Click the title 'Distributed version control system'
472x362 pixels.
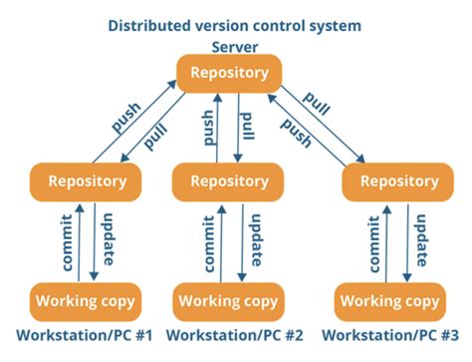pos(236,24)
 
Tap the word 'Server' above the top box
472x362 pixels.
pos(235,47)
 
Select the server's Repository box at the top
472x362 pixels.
pos(229,73)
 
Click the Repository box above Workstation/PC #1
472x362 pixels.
pos(88,181)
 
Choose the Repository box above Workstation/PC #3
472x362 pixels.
pos(391,181)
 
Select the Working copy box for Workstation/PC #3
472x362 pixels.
pos(388,300)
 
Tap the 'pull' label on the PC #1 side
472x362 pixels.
pos(155,136)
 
